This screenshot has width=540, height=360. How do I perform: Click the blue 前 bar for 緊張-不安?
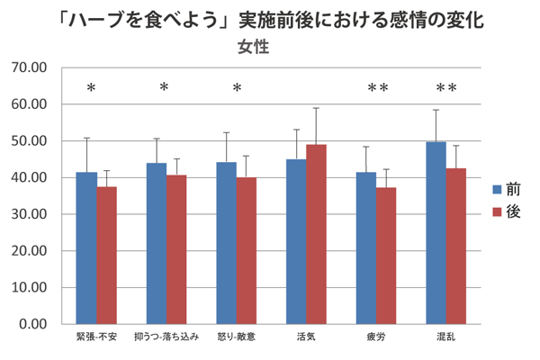(86, 247)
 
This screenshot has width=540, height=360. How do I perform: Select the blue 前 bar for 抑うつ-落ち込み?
(157, 243)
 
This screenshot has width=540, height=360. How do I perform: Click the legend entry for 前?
(506, 189)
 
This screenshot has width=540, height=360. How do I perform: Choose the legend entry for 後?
(506, 212)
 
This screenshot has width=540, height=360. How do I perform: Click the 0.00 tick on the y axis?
(32, 324)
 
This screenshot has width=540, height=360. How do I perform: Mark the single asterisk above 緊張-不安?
(91, 88)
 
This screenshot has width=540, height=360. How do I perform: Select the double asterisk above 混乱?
(446, 88)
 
